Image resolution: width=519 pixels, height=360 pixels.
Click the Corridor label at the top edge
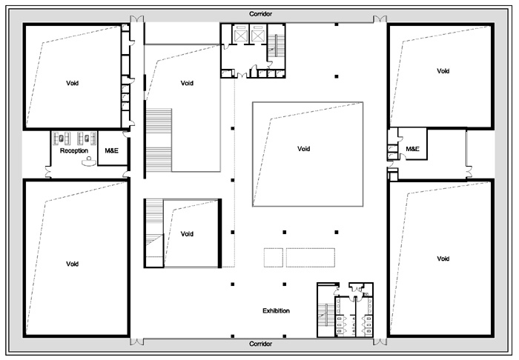(x=260, y=14)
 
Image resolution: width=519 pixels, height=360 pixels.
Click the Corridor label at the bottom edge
(x=260, y=344)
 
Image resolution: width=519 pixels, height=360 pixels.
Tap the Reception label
(x=74, y=151)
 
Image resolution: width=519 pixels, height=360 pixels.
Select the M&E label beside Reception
(x=111, y=151)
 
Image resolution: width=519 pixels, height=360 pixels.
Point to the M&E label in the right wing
(x=412, y=149)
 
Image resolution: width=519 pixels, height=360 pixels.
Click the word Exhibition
(x=276, y=311)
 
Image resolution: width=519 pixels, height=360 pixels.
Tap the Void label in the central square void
(x=303, y=149)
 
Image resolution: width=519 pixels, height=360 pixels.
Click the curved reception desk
(x=88, y=161)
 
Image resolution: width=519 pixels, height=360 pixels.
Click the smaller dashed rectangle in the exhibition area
(x=274, y=258)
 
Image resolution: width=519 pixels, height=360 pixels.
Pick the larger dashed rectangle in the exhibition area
(x=311, y=258)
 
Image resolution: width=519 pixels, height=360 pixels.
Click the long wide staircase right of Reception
(x=159, y=140)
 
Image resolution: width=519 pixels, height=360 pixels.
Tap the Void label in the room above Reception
(x=72, y=83)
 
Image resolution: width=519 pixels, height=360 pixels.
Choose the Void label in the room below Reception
(x=72, y=264)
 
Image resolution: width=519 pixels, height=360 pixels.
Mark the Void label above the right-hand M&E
(x=443, y=71)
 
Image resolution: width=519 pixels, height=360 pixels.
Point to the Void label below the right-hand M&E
(x=443, y=259)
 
